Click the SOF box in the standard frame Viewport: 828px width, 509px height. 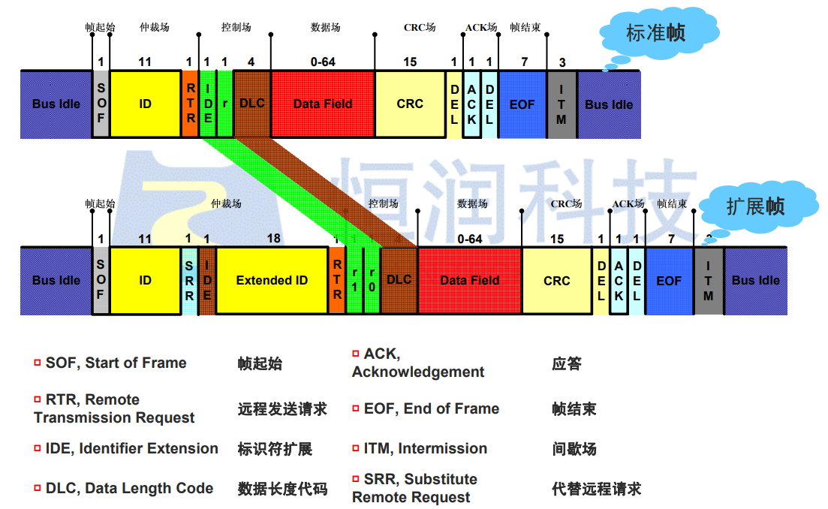tap(101, 104)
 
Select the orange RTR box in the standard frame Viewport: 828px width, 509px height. tap(191, 104)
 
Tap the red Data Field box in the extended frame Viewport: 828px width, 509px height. tap(469, 280)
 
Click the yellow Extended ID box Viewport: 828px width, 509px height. tap(272, 280)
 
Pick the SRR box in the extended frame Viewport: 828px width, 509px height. tap(189, 280)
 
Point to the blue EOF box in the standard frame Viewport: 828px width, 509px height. tap(522, 104)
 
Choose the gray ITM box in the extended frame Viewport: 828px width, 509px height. tap(708, 280)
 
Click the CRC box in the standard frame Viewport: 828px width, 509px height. tap(410, 104)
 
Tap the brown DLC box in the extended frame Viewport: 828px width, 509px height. tap(399, 280)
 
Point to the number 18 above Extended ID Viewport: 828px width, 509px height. tap(273, 239)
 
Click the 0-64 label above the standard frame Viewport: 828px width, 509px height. tap(323, 62)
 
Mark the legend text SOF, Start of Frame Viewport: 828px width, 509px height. tap(116, 363)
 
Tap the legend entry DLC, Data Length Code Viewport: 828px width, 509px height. tap(129, 489)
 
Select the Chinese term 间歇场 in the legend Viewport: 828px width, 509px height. tap(574, 449)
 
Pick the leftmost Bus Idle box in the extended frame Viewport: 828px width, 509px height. tap(56, 280)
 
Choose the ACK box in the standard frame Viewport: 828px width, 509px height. tap(471, 104)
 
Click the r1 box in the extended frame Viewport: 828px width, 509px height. tap(354, 280)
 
